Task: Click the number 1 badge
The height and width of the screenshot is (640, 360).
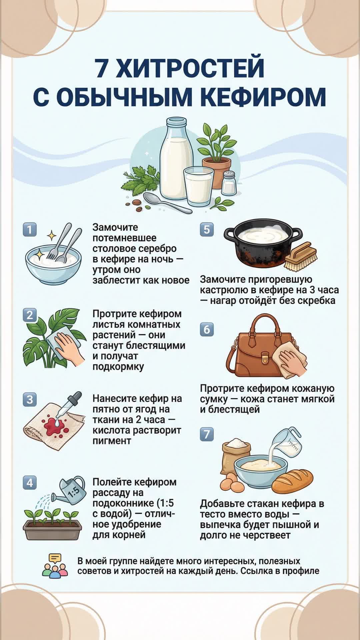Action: (x=30, y=230)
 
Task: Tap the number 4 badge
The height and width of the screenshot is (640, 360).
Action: (x=30, y=483)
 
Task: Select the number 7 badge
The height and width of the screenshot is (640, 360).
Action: (x=207, y=434)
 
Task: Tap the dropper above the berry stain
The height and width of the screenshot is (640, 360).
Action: (x=69, y=404)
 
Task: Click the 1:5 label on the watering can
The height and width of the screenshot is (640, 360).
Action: (x=73, y=492)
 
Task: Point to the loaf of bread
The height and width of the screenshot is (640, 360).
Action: (x=292, y=481)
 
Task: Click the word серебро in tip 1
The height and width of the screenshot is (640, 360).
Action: (x=157, y=249)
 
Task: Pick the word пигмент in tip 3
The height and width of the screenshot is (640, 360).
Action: (x=112, y=441)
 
